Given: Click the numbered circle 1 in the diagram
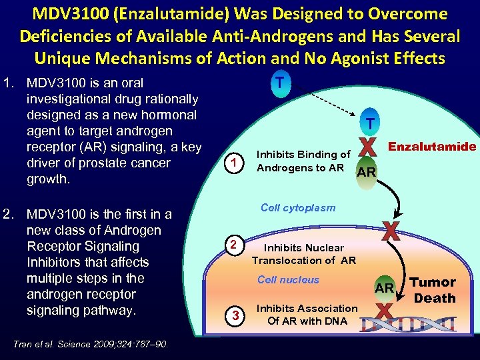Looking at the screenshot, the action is point(233,161).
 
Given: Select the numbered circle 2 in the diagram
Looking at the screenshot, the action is point(233,245).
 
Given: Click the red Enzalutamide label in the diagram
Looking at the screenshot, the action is point(433,146).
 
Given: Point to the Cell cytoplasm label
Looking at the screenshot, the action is point(298,207).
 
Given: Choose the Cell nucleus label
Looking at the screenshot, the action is point(288,280).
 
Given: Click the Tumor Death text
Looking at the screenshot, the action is point(434,290).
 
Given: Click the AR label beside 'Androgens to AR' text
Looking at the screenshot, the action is point(367,172).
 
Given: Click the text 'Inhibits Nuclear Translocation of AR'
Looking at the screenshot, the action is point(304,254).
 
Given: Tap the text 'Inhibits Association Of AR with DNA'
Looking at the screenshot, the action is point(307,315).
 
